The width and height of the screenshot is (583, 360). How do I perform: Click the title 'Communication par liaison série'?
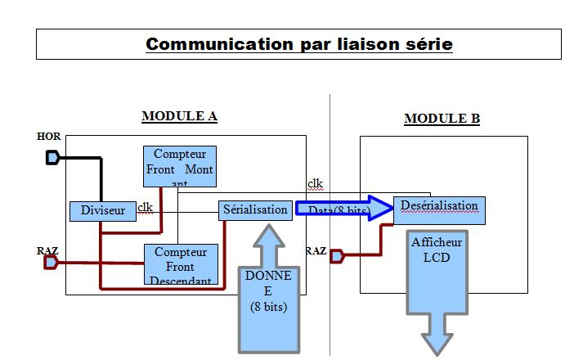[x=298, y=43]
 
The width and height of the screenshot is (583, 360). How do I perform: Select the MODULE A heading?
[x=179, y=116]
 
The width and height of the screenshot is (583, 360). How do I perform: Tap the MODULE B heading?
[x=442, y=119]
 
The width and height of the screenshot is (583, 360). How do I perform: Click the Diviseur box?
[x=102, y=211]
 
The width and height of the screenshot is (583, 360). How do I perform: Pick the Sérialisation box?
[x=256, y=209]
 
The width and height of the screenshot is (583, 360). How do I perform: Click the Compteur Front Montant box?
[x=179, y=166]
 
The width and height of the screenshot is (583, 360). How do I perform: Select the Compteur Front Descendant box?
[x=181, y=264]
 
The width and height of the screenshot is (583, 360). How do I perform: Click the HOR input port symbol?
[x=52, y=157]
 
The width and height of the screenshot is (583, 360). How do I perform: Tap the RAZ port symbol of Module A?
[x=51, y=263]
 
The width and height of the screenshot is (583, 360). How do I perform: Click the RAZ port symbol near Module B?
[x=337, y=255]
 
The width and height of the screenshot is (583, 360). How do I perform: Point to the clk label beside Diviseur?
[x=145, y=207]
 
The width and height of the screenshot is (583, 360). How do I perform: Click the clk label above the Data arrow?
[x=315, y=183]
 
